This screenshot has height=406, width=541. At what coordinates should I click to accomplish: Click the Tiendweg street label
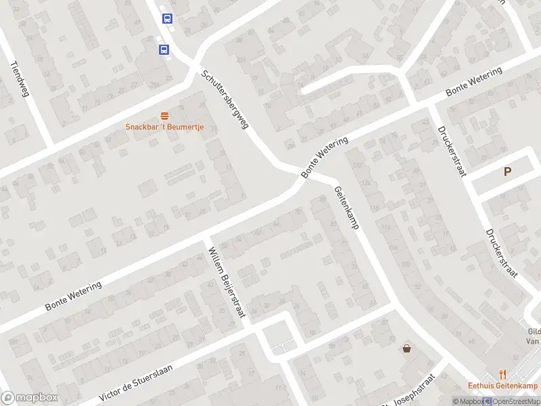[x=20, y=79]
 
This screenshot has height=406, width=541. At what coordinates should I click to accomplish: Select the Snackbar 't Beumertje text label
[x=164, y=127]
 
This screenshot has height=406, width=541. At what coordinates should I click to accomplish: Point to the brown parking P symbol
[x=507, y=172]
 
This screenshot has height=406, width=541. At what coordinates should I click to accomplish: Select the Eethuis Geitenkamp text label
[x=502, y=386]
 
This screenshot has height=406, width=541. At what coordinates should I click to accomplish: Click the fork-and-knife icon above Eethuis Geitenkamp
[x=502, y=374]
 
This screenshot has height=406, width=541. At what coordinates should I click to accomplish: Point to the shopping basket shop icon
[x=407, y=349]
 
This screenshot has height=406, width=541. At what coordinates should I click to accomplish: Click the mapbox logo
[x=30, y=398]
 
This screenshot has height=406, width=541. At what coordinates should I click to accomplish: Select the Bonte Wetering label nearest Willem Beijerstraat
[x=74, y=296]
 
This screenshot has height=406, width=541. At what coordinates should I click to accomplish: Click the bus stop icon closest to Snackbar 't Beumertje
[x=164, y=49]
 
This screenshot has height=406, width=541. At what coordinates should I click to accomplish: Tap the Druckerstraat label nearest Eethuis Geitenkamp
[x=501, y=253]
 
